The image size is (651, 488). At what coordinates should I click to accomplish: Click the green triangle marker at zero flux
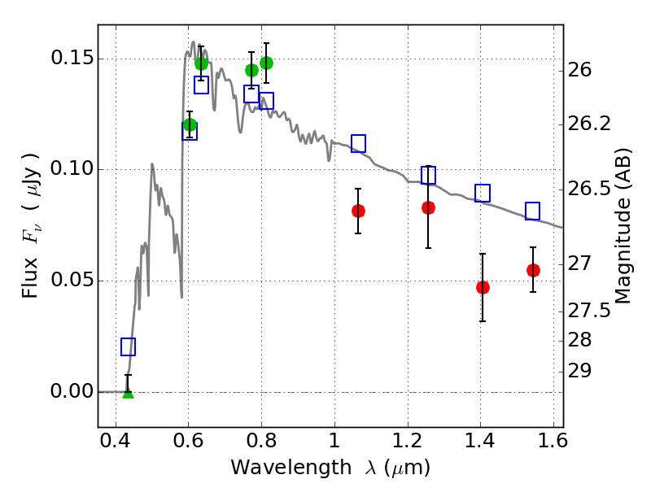(x=128, y=392)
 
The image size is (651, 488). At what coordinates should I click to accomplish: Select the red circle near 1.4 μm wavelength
(x=483, y=287)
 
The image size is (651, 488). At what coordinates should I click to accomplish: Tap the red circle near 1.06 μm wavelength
(x=358, y=211)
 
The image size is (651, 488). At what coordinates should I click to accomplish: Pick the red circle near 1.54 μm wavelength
(x=533, y=270)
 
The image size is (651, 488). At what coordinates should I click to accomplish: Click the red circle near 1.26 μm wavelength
(x=428, y=207)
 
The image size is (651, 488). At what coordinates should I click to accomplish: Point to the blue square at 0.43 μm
(x=128, y=346)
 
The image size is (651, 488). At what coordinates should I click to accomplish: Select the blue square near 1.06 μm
(x=358, y=143)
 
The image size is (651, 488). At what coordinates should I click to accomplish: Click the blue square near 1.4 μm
(x=483, y=193)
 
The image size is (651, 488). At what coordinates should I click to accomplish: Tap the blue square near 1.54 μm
(x=533, y=211)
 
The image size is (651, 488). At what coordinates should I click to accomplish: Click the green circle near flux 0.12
(x=190, y=124)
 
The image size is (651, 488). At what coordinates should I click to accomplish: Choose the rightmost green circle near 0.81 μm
(x=266, y=63)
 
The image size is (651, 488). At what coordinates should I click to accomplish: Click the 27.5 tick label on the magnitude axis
(x=592, y=310)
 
